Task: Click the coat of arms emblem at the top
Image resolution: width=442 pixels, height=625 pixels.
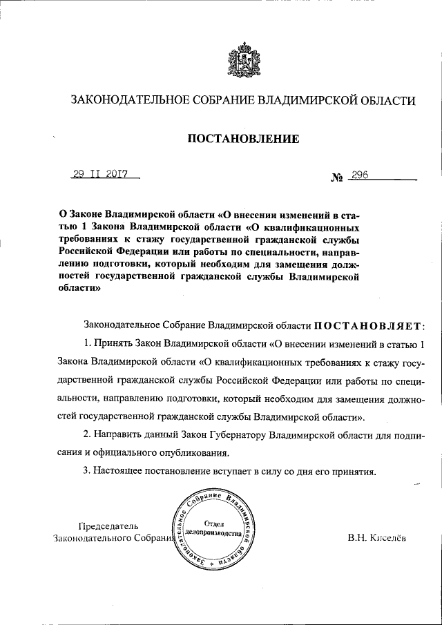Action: (x=244, y=61)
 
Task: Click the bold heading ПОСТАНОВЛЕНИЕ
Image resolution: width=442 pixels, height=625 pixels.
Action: (x=244, y=140)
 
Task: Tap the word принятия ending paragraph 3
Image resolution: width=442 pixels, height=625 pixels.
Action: (x=356, y=472)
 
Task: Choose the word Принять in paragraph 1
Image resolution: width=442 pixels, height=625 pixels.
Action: (x=110, y=343)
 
